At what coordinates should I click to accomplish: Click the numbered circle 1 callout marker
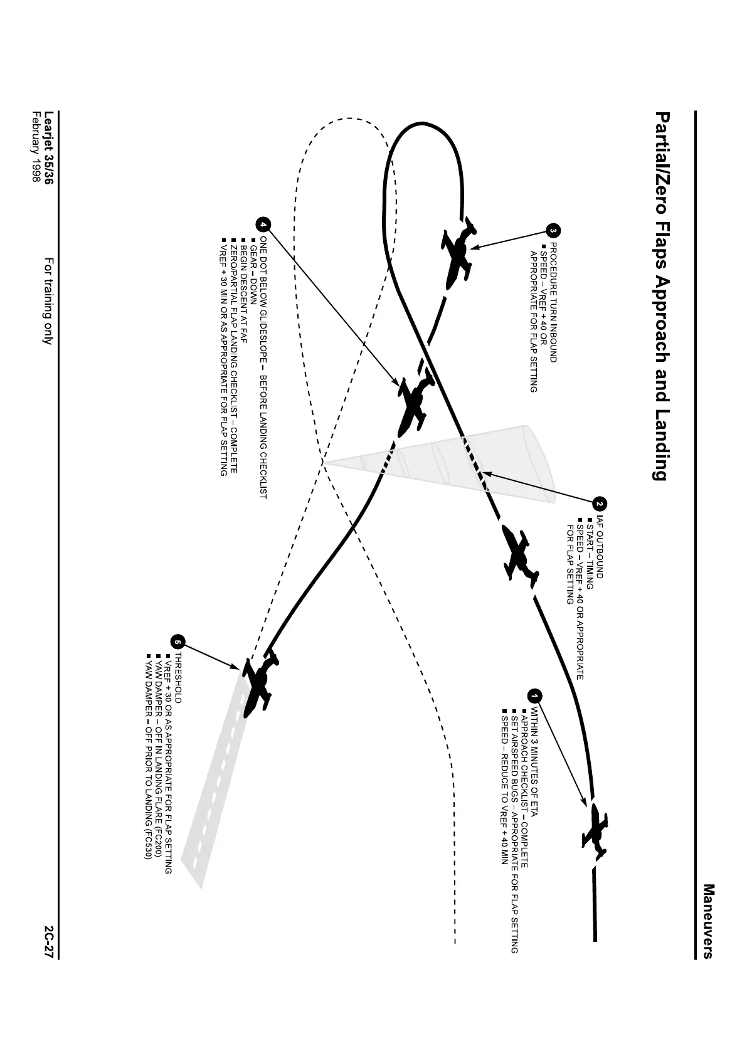click(x=534, y=696)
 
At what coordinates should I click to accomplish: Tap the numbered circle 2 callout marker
click(x=599, y=504)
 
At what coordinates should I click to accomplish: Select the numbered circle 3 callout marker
click(x=552, y=231)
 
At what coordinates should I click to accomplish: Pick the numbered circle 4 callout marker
click(x=263, y=224)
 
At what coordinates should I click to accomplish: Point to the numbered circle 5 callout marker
click(x=177, y=642)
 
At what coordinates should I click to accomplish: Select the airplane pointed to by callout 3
click(x=460, y=252)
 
